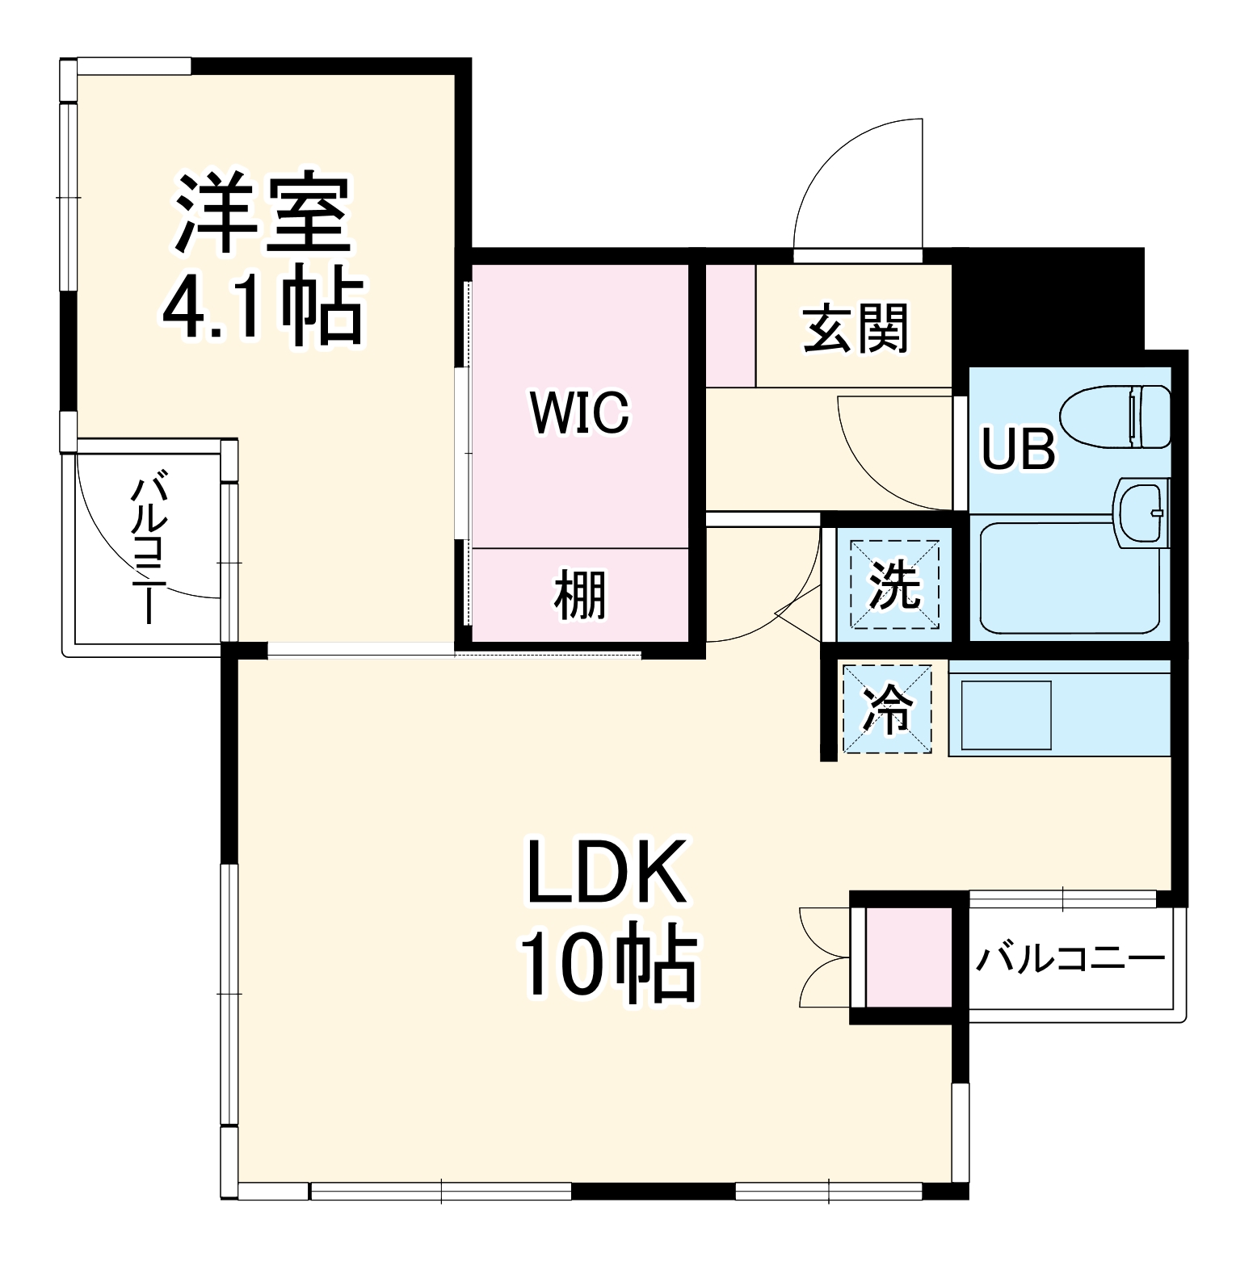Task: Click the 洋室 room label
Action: [x=263, y=214]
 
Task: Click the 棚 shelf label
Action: [x=579, y=595]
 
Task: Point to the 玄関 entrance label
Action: [x=856, y=328]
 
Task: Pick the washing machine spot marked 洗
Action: [x=893, y=584]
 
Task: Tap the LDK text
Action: [x=606, y=873]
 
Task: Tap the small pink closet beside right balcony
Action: [x=909, y=957]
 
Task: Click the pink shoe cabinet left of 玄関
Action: [x=730, y=325]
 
